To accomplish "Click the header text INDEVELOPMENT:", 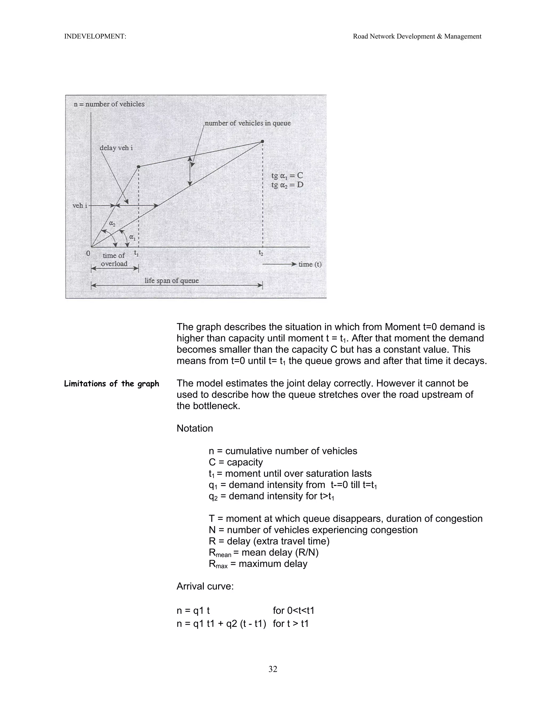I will [x=95, y=36].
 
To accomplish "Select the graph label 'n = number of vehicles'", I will [x=109, y=104].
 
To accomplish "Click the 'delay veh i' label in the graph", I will [x=116, y=148].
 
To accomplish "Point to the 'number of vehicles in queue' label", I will [x=248, y=123].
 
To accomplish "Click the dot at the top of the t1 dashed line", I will [x=138, y=167].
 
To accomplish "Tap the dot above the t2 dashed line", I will [x=262, y=141].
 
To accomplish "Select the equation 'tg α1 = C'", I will [x=287, y=176].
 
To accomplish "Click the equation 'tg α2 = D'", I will [x=287, y=185].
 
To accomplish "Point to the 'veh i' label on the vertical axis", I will [x=79, y=206].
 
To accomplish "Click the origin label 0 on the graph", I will [x=88, y=253].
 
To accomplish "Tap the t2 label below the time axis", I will [x=261, y=253].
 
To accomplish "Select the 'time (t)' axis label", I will [x=310, y=265].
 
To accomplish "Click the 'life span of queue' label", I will [x=171, y=281].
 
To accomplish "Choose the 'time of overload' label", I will [x=114, y=259].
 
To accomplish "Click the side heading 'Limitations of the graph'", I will [x=112, y=384].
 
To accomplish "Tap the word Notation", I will [x=195, y=428].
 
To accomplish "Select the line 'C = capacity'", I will [x=236, y=462].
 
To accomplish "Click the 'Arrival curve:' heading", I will [x=205, y=586].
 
